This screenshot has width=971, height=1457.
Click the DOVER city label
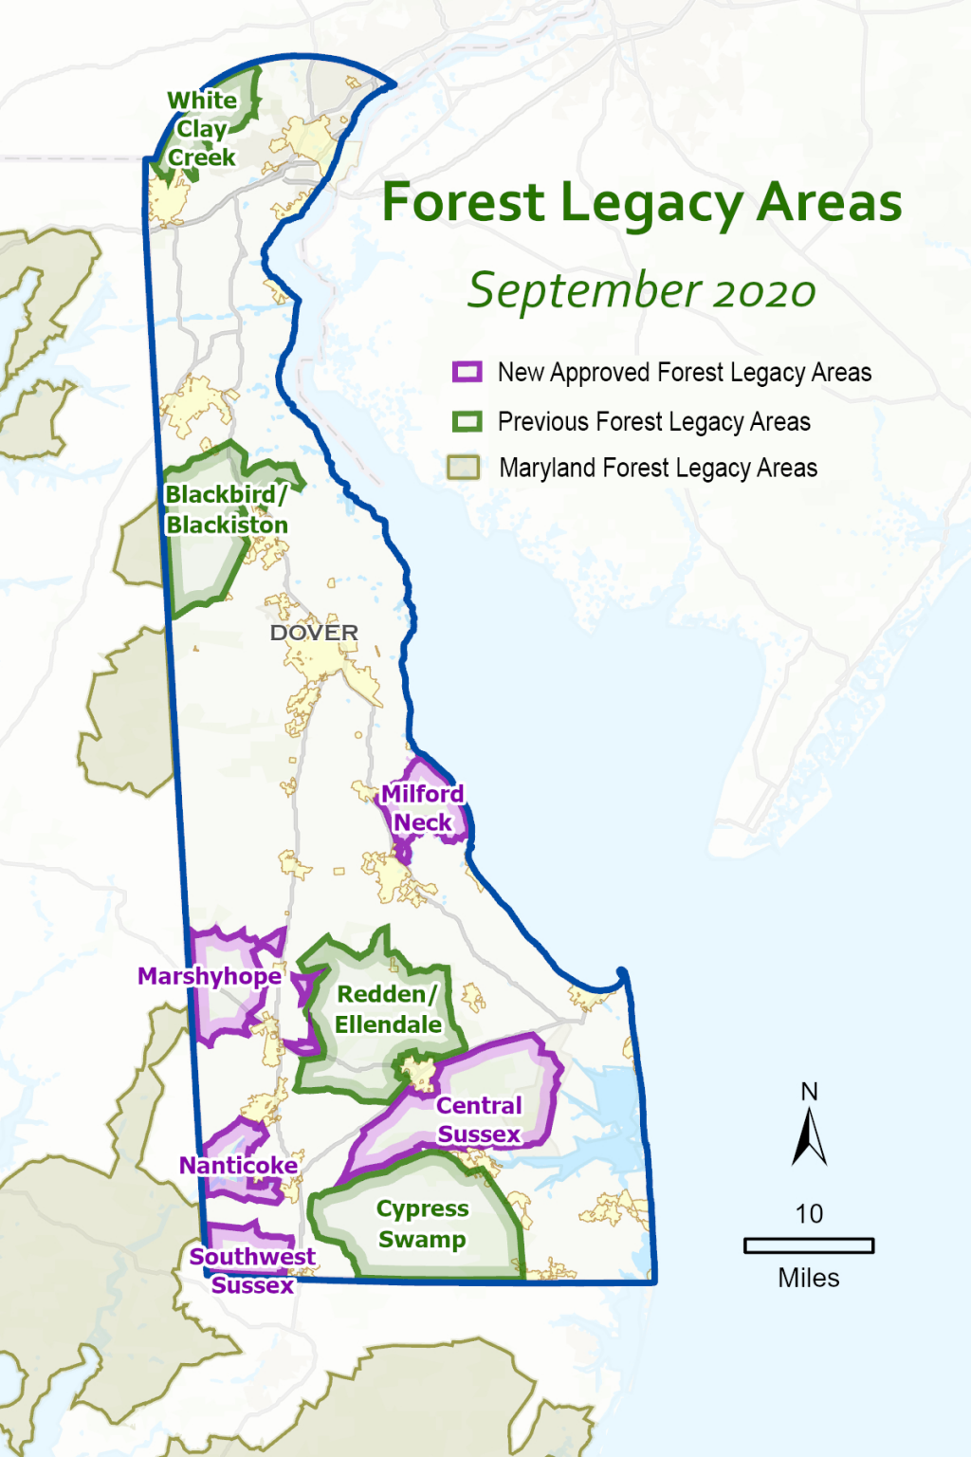pos(314,633)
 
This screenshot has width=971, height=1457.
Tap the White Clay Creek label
pos(201,129)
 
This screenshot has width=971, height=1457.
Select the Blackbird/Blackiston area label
pos(227,509)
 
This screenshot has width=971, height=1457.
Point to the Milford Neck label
pos(423,808)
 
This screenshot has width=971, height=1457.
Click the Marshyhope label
pos(210,976)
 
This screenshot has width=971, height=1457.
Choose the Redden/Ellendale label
pos(388,1009)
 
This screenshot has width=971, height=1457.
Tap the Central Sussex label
pos(479,1120)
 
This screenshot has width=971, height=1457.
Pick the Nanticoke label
pos(238,1165)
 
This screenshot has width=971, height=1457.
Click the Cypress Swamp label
pos(422,1224)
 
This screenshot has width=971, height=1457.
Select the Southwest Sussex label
pos(252,1270)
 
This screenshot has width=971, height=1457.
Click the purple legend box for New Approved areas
pos(467,372)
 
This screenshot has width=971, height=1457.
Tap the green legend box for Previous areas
pos(467,421)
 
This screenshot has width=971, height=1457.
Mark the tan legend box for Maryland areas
pos(464,468)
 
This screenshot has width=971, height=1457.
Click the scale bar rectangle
pos(809,1245)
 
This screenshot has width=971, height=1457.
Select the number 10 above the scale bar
pos(809,1214)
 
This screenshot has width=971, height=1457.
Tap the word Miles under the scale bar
pos(809,1279)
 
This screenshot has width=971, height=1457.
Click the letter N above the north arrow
pos(809,1092)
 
